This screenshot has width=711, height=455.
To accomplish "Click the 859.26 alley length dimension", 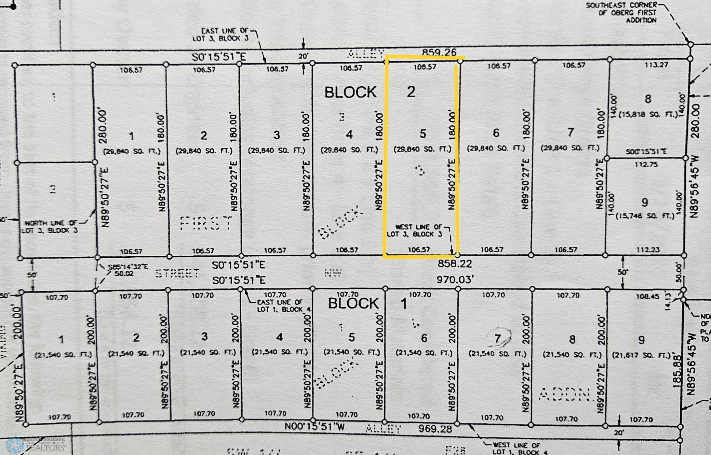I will click(x=439, y=52).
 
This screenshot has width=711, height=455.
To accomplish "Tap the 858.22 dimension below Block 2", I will click(x=455, y=264).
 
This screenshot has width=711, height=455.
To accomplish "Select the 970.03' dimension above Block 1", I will click(x=455, y=280).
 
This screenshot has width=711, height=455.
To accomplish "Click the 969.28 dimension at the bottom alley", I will click(x=435, y=429).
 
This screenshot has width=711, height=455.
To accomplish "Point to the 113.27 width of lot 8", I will click(x=656, y=65).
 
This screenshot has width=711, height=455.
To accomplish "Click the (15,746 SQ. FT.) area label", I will click(x=645, y=216).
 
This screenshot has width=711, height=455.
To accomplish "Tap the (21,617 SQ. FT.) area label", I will click(x=641, y=355).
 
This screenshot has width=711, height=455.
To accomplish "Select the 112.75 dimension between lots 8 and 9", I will click(x=646, y=164).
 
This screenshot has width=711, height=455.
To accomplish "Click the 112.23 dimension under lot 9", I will click(x=647, y=250).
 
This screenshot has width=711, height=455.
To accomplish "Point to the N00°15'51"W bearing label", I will click(x=314, y=426).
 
